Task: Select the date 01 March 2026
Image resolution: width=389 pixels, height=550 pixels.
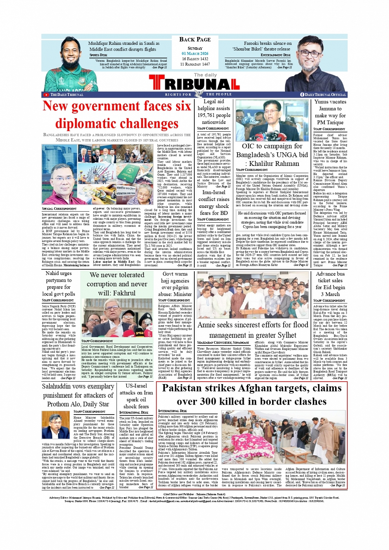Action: point(195,54)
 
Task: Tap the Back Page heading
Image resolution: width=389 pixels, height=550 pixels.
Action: point(195,40)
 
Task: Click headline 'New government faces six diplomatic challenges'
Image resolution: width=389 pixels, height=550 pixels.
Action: point(117,115)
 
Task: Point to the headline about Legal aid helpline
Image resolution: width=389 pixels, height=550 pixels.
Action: point(214,112)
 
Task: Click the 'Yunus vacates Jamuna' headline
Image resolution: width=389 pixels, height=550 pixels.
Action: point(330,112)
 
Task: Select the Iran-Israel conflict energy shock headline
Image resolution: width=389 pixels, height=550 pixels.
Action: point(214,203)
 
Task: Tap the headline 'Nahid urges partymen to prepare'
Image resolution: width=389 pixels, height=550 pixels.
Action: point(58,283)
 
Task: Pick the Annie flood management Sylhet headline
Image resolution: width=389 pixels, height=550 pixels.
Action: point(252,330)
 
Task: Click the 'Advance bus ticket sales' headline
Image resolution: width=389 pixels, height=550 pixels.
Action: point(330,284)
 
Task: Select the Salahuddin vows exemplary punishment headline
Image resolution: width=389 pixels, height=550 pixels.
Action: point(78,395)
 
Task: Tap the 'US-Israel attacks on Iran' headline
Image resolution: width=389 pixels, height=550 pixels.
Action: point(136,396)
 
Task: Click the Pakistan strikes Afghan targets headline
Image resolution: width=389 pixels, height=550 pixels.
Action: point(252,394)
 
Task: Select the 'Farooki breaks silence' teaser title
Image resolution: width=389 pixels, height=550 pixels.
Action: point(267,46)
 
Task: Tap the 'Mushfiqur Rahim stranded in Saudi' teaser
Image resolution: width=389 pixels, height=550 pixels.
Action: point(123,46)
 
